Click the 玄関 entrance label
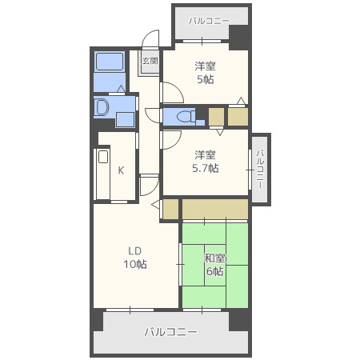click(150, 60)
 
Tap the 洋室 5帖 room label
click(205, 73)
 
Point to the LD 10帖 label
click(134, 258)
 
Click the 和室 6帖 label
click(214, 264)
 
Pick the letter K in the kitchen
click(121, 170)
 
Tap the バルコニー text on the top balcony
click(209, 19)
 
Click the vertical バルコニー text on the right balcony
click(260, 168)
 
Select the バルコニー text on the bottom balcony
click(170, 330)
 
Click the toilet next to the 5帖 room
click(183, 117)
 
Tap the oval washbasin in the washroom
click(102, 107)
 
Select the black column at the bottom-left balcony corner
click(97, 320)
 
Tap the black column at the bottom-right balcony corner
click(239, 320)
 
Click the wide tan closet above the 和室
click(214, 209)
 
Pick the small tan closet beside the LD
click(170, 210)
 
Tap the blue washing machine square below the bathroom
click(124, 120)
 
